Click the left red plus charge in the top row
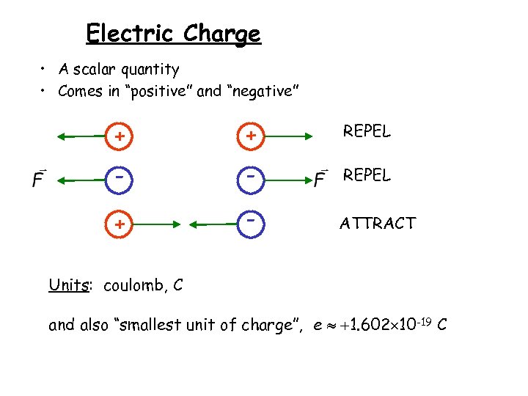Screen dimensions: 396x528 118,136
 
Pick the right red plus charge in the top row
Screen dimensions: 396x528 251,136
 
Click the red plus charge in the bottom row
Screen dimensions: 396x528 118,223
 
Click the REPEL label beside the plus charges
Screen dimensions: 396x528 367,132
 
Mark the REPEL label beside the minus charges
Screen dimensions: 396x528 367,176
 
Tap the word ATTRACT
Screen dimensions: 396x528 378,223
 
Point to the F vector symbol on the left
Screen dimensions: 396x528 39,178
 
